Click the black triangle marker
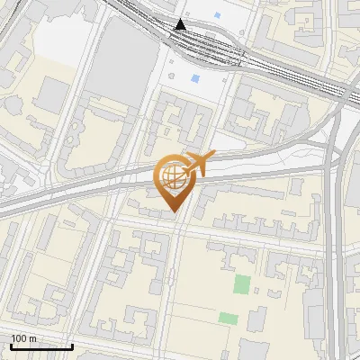click(181, 24)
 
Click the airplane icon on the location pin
click(197, 164)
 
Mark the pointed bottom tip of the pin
click(174, 213)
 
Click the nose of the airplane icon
click(213, 157)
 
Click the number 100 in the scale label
click(19, 338)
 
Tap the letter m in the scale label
click(31, 338)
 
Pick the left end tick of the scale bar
click(11, 346)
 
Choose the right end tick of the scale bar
click(73, 346)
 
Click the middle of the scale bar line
click(41, 347)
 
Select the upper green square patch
click(241, 285)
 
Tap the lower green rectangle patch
click(229, 319)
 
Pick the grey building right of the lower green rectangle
click(257, 320)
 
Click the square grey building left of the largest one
click(55, 92)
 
